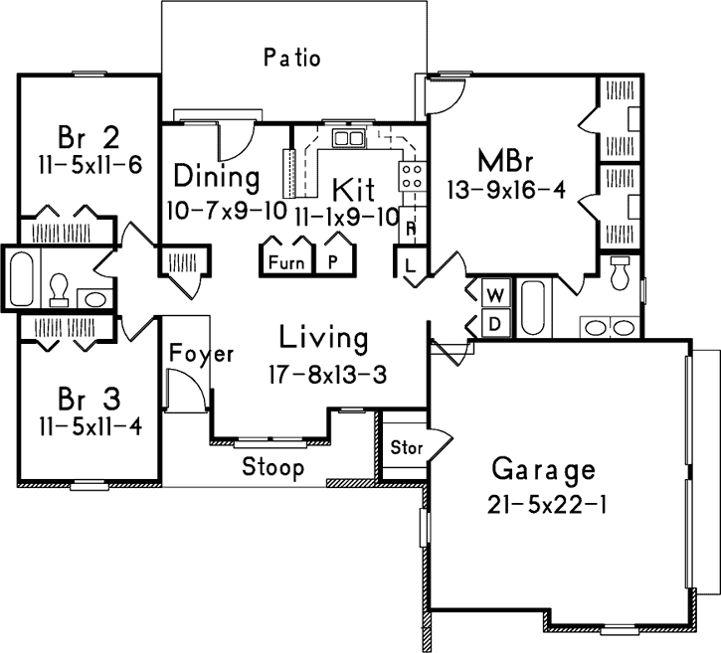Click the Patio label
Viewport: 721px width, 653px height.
click(x=292, y=57)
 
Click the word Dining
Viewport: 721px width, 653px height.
click(x=217, y=178)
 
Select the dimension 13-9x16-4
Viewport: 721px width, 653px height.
click(x=508, y=191)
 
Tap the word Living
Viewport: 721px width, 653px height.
click(x=322, y=339)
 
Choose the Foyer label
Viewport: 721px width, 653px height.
click(x=201, y=354)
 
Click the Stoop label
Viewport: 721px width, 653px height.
click(x=273, y=467)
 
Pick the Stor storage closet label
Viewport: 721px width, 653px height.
click(x=406, y=447)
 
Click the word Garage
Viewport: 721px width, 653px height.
click(x=544, y=469)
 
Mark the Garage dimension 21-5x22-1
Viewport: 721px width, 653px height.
click(x=548, y=504)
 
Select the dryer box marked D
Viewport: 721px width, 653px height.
click(x=494, y=323)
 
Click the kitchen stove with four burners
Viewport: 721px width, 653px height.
click(x=410, y=177)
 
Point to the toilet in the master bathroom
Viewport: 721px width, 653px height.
click(x=620, y=271)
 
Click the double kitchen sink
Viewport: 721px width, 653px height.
click(x=348, y=138)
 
